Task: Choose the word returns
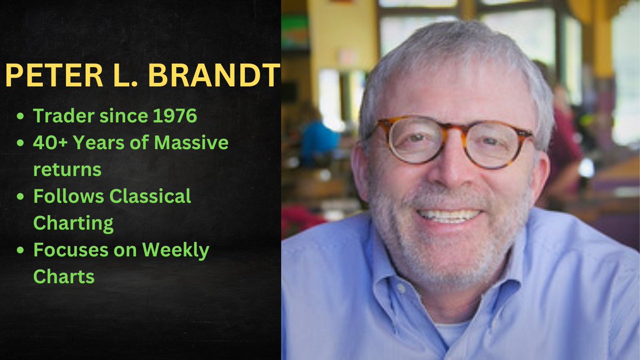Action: coord(67,170)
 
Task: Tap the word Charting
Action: coord(73,223)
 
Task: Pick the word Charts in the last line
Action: coord(63,277)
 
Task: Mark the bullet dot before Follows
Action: coord(20,197)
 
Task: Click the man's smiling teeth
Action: coord(449,215)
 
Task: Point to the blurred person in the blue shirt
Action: coord(318,139)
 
